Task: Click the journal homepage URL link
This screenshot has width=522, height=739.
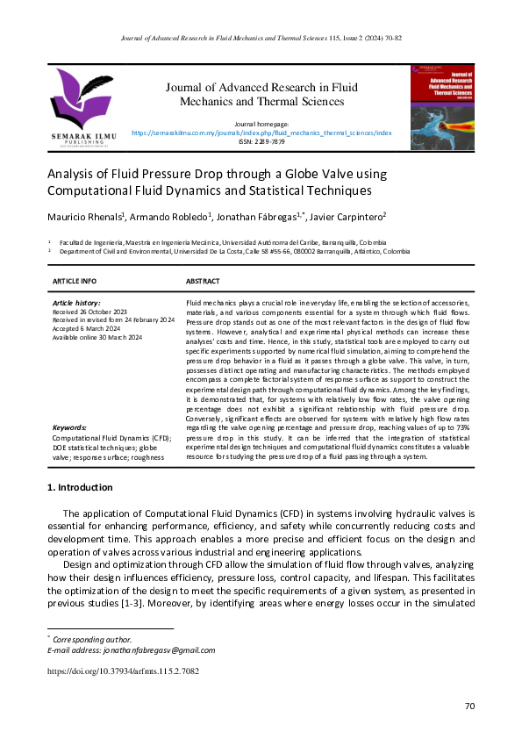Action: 261,133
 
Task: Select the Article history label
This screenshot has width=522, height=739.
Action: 76,302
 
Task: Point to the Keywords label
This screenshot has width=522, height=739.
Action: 69,427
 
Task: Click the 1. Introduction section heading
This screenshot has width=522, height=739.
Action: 80,487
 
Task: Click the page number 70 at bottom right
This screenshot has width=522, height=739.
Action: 469,707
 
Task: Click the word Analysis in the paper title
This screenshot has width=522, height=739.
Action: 71,173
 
